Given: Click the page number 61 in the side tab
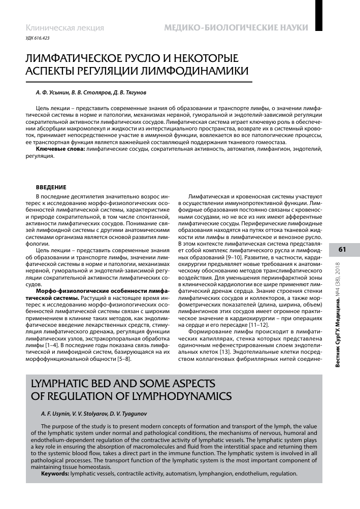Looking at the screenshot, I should coord(342,249).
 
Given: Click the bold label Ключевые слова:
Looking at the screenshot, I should coord(60,151).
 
